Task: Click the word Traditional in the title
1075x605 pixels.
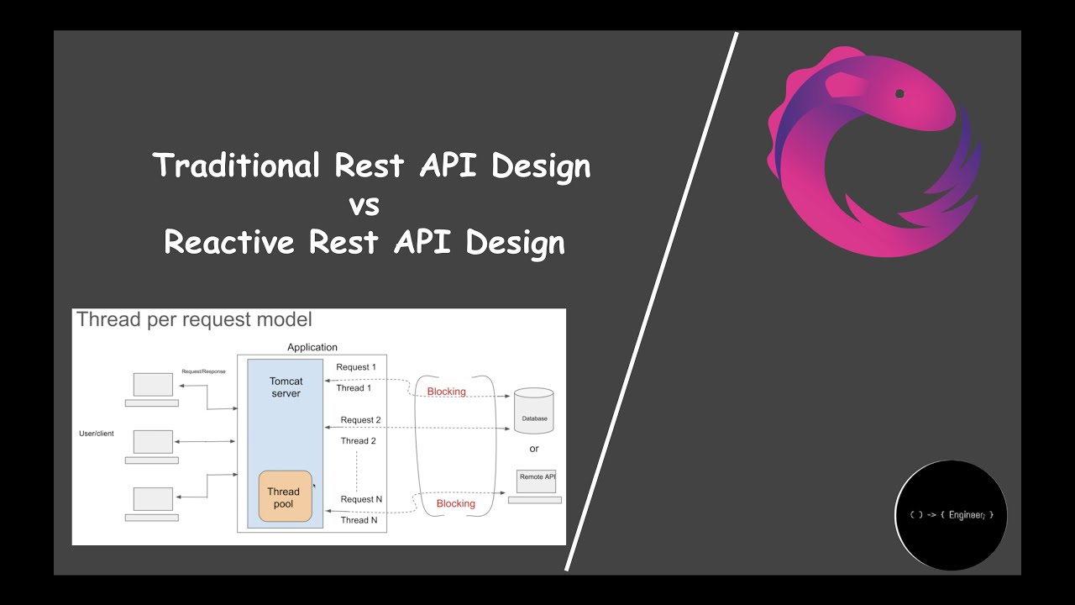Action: (237, 166)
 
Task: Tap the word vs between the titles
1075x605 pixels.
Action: (364, 204)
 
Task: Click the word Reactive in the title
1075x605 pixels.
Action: (229, 243)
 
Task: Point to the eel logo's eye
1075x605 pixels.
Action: (899, 93)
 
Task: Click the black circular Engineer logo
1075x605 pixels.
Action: (951, 515)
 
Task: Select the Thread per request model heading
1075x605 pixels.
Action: (194, 319)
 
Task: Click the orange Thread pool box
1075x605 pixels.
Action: (284, 497)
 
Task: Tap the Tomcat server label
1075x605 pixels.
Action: (286, 387)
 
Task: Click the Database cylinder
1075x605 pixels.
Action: (534, 410)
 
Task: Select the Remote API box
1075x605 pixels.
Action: (536, 480)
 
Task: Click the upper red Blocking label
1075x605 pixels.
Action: (446, 392)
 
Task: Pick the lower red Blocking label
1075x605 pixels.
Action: (455, 503)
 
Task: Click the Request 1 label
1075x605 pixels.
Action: (356, 367)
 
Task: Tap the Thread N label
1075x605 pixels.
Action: (359, 520)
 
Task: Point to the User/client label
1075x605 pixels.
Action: (97, 434)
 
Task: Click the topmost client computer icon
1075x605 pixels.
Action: (153, 386)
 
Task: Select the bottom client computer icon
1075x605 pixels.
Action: (153, 499)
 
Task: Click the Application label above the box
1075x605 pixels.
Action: (312, 347)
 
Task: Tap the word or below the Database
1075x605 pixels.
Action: (534, 449)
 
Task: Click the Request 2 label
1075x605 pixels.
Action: (361, 420)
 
